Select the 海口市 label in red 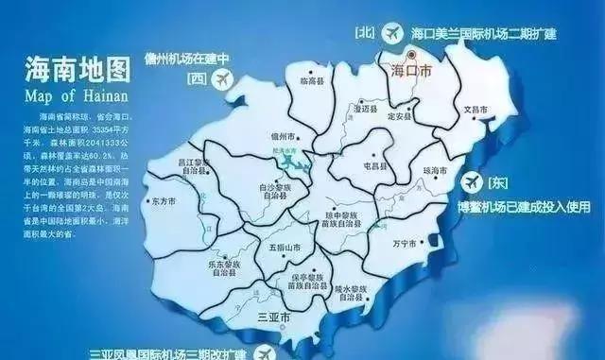[x=413, y=71]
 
